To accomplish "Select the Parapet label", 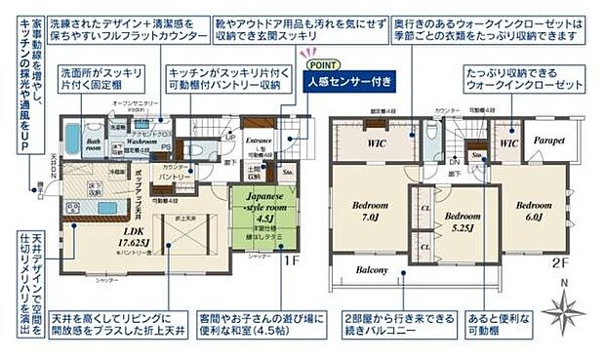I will [548, 140].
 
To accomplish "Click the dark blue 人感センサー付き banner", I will [350, 82].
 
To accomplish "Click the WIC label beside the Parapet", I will [508, 143].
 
